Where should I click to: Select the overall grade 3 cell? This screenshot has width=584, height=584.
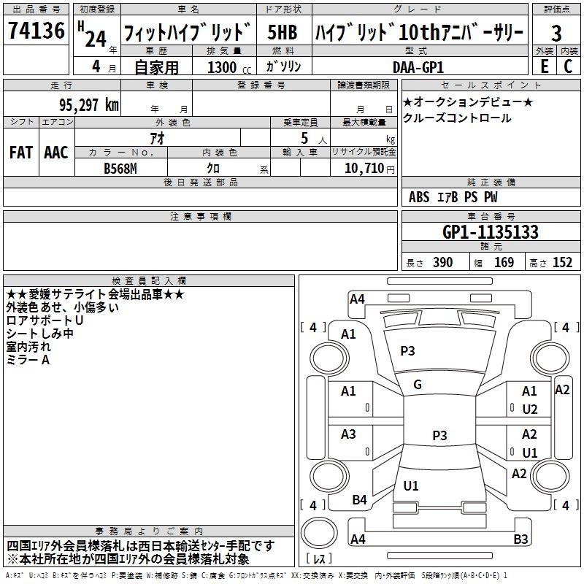pos(556,34)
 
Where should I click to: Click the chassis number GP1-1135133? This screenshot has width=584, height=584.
pos(491,232)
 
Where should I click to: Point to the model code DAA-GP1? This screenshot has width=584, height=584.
pos(418,66)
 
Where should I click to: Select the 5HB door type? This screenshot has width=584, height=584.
pos(283,33)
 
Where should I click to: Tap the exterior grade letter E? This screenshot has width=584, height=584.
pos(544,66)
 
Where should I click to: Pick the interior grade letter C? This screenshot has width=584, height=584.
pos(568,66)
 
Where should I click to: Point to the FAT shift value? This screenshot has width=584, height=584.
pos(21,153)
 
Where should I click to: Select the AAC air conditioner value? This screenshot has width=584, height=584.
pos(55,153)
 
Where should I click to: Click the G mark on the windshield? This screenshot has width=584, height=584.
pos(418,385)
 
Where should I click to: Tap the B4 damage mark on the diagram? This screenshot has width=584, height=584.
pos(359,500)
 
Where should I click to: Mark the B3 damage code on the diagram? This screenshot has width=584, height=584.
pos(520,539)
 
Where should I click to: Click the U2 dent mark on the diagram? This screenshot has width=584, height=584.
pos(530,410)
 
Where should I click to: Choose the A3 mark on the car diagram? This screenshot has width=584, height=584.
pos(349,434)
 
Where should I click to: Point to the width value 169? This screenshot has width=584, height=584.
pos(504,263)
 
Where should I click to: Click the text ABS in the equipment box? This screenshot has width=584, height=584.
pos(419,197)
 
